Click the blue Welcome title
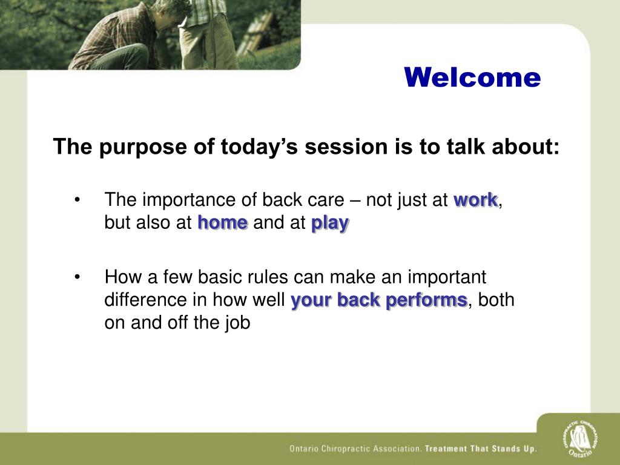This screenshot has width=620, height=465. (x=472, y=77)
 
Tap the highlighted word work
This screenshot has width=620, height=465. (x=476, y=200)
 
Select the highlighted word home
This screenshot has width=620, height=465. (x=223, y=223)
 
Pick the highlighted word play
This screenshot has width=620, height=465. (x=330, y=224)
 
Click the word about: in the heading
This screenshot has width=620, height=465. (x=526, y=147)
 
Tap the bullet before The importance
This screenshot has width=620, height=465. (x=77, y=200)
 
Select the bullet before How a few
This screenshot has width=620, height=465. (x=77, y=277)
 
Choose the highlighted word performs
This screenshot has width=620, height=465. (x=427, y=300)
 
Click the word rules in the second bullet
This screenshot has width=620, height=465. (x=268, y=277)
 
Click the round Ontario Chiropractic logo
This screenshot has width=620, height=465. (x=580, y=439)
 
